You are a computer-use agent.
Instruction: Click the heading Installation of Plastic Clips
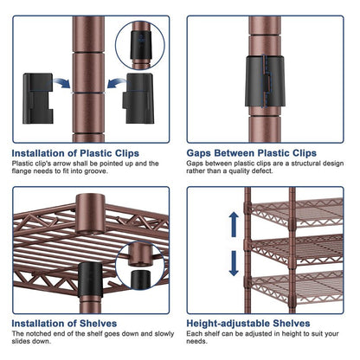pos(75,153)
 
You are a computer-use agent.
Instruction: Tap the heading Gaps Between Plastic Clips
pos(251,153)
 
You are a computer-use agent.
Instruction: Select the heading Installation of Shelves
pos(64,324)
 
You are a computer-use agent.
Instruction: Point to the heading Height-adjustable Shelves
pos(248,324)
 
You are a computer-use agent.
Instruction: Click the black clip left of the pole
pos(38,99)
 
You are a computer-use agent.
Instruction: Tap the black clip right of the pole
pos(138,99)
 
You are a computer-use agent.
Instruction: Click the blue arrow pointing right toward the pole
pos(61,83)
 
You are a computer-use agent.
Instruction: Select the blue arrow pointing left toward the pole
pos(117,83)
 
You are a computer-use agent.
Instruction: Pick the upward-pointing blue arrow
pos(234,224)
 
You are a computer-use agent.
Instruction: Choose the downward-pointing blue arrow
pos(234,263)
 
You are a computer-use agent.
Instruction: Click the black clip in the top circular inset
pos(140,45)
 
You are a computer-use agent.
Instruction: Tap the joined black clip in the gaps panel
pos(265,81)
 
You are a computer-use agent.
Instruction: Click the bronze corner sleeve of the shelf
pos(91,214)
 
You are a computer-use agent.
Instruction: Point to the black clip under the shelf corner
pos(90,280)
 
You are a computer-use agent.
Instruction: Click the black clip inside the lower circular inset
pos(141,279)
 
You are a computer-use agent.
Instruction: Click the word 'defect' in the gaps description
pos(262,170)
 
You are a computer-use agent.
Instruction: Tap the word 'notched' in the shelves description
pos(39,334)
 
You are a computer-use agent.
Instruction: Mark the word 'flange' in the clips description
pos(21,171)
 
